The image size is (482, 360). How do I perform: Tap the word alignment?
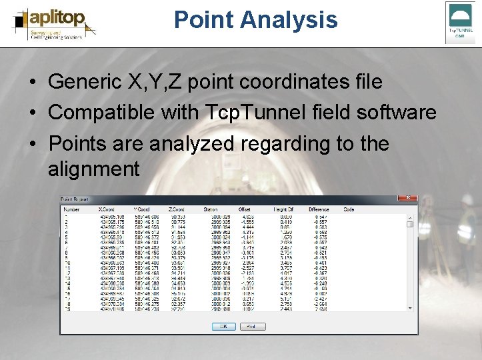click(x=94, y=169)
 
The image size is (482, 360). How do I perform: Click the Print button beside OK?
click(x=252, y=327)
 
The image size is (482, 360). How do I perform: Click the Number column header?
click(x=71, y=209)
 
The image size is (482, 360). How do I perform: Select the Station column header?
click(x=211, y=209)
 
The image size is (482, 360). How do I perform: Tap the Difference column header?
click(x=319, y=209)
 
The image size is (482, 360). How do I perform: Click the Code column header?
click(x=349, y=209)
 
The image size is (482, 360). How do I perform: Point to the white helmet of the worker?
click(x=467, y=199)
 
